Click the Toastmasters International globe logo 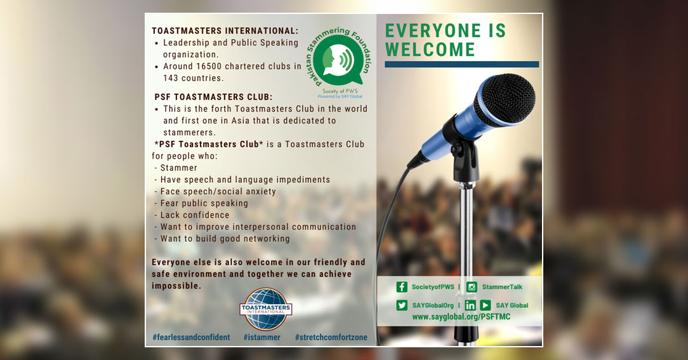(265, 309)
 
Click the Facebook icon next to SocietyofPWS (402, 287)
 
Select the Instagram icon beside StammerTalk (472, 287)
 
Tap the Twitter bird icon (402, 305)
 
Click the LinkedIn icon (470, 305)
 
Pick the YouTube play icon (485, 305)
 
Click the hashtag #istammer (262, 337)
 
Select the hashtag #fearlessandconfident (191, 337)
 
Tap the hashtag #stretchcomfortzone (331, 337)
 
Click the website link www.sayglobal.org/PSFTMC (461, 317)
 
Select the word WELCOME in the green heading (430, 50)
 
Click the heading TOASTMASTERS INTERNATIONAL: (225, 30)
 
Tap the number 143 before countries (171, 78)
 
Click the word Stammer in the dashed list (178, 168)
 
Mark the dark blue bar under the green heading (461, 64)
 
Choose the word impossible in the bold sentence (176, 286)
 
